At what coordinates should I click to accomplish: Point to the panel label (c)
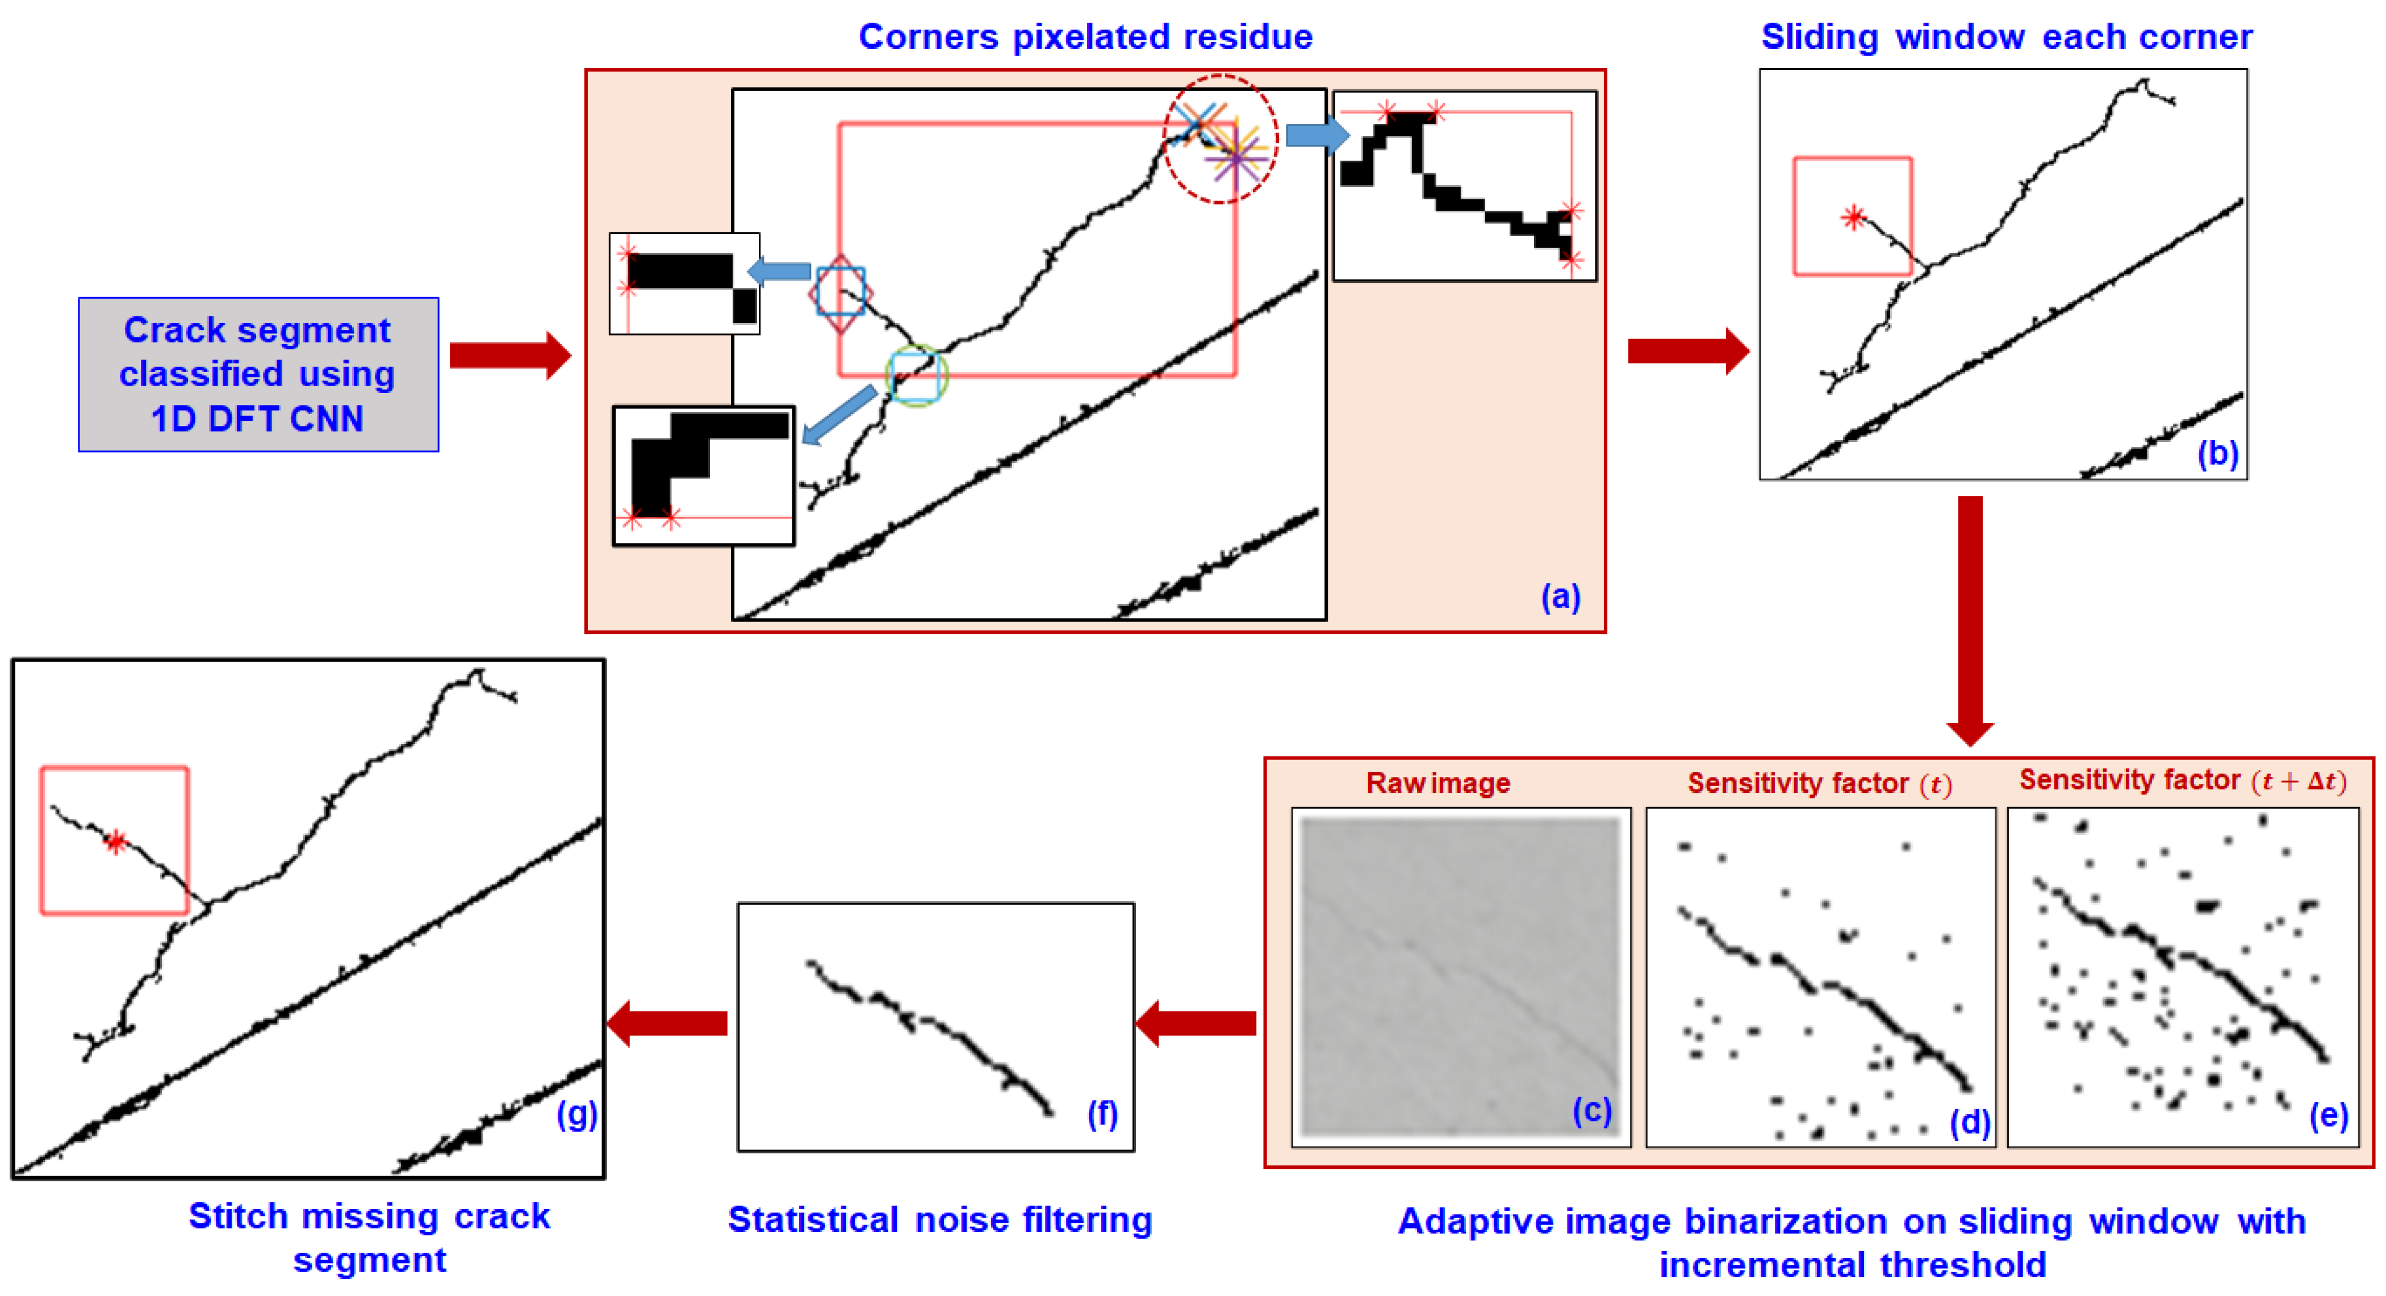[1591, 1109]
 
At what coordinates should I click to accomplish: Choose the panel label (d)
[1969, 1122]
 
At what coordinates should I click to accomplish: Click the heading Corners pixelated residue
[1085, 37]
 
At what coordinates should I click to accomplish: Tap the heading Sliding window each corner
[2006, 37]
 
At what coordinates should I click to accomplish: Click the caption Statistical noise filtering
[939, 1220]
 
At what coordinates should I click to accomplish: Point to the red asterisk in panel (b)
[1853, 218]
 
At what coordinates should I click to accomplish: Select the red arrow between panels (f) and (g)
[667, 1023]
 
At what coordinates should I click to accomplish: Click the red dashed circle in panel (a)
[1220, 139]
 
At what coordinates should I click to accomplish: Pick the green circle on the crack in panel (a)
[916, 375]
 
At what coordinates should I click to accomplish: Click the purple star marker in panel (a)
[1236, 160]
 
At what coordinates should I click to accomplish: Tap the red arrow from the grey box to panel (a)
[509, 355]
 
